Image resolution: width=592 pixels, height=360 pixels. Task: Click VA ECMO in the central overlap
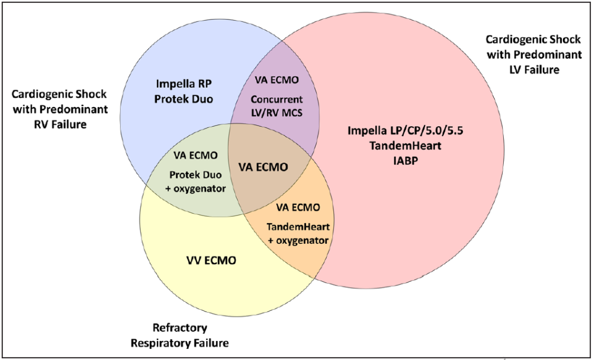pyautogui.click(x=263, y=168)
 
